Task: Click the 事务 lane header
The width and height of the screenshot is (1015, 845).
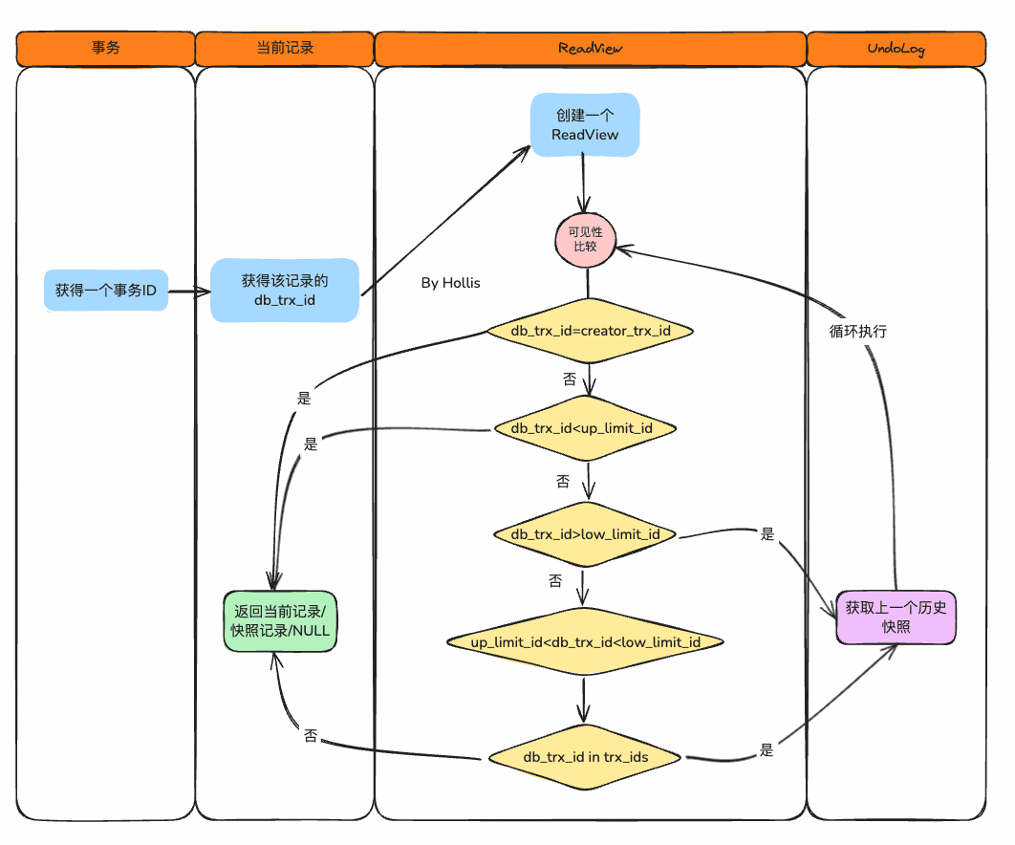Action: click(105, 49)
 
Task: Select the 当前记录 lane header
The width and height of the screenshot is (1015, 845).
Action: click(285, 49)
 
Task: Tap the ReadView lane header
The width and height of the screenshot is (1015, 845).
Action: click(591, 49)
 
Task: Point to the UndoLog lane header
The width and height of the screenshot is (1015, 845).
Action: click(896, 49)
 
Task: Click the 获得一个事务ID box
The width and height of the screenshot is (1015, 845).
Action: click(106, 291)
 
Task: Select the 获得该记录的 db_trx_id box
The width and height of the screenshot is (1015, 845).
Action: click(285, 290)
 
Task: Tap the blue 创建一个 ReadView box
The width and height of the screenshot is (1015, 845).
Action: click(585, 125)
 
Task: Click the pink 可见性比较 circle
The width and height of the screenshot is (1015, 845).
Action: click(585, 240)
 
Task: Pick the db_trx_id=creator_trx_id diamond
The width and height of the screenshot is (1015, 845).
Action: click(590, 331)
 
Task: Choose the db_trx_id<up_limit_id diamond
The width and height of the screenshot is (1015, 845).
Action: click(585, 428)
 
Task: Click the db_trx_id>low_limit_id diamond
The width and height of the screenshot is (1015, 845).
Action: click(585, 534)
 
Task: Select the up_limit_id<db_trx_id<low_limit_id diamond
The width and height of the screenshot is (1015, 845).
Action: click(585, 641)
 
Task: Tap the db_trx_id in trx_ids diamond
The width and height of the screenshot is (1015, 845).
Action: click(585, 757)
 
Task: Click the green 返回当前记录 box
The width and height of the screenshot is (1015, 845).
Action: click(280, 621)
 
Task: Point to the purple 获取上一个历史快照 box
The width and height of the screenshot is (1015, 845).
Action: click(896, 617)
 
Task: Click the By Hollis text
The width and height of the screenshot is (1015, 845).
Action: click(450, 283)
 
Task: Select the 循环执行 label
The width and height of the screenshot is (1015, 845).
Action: click(857, 332)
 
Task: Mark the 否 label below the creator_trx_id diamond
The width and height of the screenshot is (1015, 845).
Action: click(570, 379)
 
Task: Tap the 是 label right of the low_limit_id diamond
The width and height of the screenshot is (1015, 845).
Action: click(767, 534)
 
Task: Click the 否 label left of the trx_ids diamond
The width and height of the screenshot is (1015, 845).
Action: click(311, 736)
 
